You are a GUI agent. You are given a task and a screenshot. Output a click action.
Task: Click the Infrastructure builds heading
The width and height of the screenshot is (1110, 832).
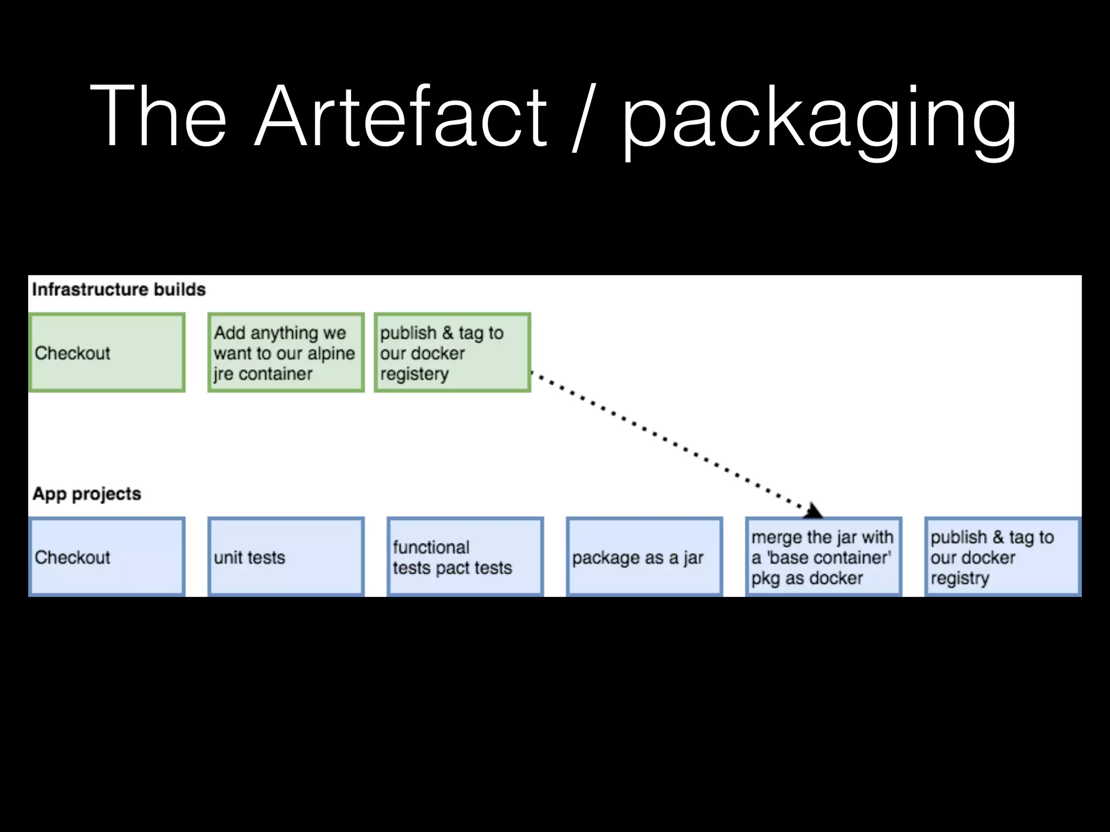point(119,289)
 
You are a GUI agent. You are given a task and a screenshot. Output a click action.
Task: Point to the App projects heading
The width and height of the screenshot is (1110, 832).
point(87,493)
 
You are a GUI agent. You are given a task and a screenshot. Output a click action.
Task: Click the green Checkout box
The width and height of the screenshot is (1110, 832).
point(107,353)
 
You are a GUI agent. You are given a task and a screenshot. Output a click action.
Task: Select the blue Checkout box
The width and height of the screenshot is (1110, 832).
point(107,557)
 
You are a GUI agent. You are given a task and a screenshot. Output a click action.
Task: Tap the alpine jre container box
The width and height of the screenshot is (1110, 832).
point(286,353)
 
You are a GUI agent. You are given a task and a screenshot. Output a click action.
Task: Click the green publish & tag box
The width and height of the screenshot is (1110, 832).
point(452,353)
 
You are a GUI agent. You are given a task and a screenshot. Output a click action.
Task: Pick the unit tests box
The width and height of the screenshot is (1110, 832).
point(286,557)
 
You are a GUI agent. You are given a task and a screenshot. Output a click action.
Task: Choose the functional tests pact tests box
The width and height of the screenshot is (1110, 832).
point(465,557)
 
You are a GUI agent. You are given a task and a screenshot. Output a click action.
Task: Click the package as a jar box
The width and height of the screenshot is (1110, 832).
point(644,557)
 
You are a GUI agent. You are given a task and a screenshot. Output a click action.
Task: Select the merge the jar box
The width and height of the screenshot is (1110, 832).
point(823,557)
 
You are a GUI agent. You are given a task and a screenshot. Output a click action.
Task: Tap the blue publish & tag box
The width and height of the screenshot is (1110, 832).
point(1003,557)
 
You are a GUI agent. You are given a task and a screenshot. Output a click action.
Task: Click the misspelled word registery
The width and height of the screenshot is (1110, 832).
point(415,374)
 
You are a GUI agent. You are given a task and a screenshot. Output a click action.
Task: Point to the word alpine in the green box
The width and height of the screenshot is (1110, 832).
point(331,354)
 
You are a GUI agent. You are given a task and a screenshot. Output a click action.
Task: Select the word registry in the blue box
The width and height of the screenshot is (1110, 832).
point(960,578)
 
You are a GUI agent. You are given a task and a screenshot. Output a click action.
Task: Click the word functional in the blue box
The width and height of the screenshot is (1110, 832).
point(431,547)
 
